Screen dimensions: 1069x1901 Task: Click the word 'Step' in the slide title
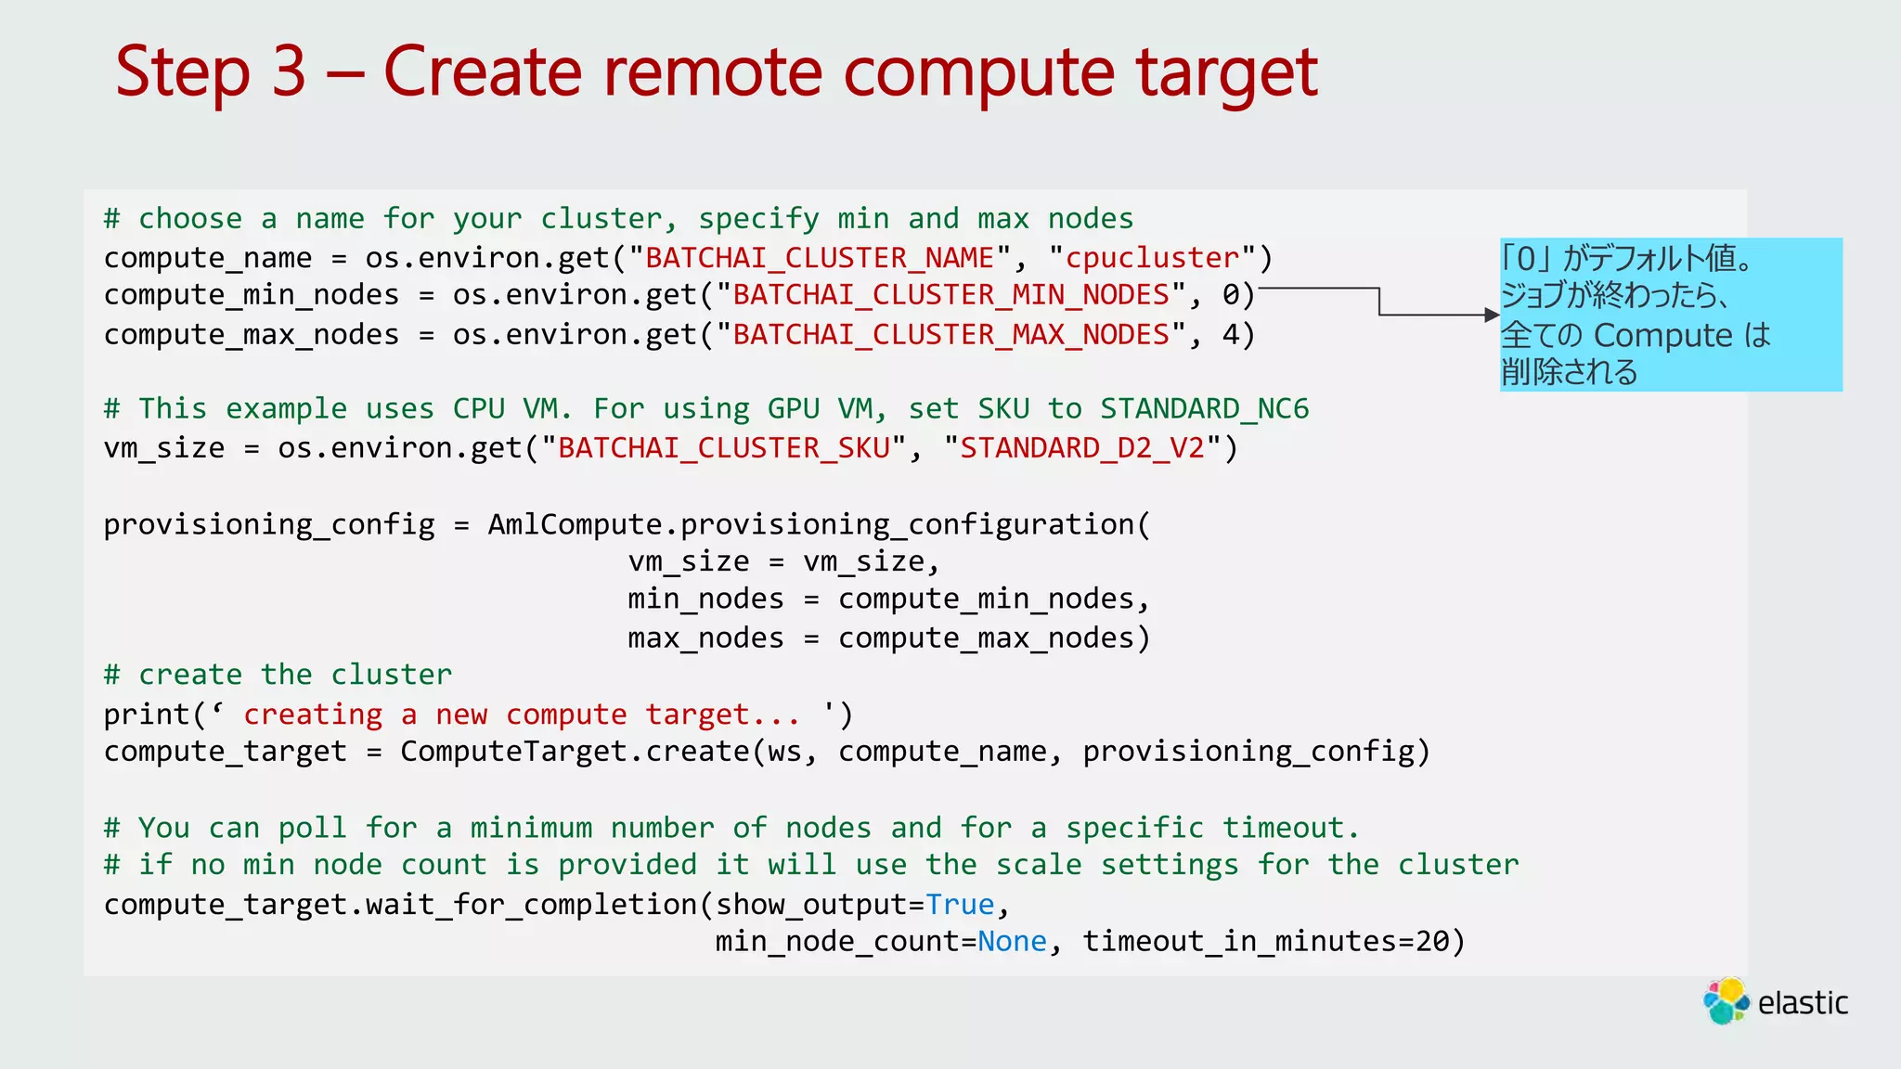coord(183,72)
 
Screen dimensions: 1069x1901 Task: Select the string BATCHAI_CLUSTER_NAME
coord(820,257)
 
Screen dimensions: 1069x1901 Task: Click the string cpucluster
coord(1152,257)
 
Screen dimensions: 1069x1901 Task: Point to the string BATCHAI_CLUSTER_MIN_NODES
coord(950,295)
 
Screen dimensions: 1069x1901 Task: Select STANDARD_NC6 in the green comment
coord(1204,408)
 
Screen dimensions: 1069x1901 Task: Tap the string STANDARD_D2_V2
coord(1081,448)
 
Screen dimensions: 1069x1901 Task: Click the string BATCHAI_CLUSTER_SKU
coord(724,448)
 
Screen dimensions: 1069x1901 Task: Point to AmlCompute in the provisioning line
coord(575,524)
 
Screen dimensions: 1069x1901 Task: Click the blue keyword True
coord(960,904)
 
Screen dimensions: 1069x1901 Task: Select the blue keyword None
coord(1012,942)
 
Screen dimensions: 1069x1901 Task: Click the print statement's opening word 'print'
coord(147,715)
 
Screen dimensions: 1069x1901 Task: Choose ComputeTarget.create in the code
coord(575,751)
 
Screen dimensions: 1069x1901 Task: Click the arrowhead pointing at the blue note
coord(1492,316)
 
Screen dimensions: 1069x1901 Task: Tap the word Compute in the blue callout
coord(1663,335)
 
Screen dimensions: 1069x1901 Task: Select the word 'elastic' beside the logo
coord(1803,1003)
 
